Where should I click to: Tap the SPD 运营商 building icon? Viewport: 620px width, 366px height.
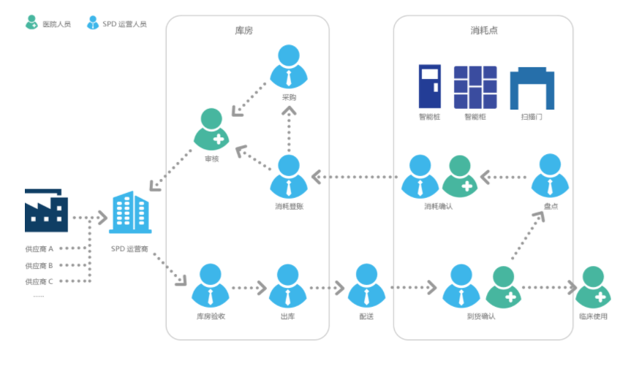[x=131, y=213]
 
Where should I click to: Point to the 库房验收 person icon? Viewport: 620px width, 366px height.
[x=211, y=286]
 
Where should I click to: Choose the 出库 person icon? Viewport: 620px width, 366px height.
[x=288, y=286]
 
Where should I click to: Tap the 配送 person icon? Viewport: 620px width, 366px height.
[x=366, y=286]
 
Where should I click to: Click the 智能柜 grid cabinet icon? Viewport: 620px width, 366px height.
[x=475, y=87]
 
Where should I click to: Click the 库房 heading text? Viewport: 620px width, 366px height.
[x=244, y=31]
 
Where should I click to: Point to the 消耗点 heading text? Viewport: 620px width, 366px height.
[x=484, y=31]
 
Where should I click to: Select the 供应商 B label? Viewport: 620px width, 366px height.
[x=39, y=265]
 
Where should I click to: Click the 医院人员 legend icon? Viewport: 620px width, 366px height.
[x=31, y=23]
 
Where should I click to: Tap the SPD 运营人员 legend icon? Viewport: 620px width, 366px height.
[x=92, y=23]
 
